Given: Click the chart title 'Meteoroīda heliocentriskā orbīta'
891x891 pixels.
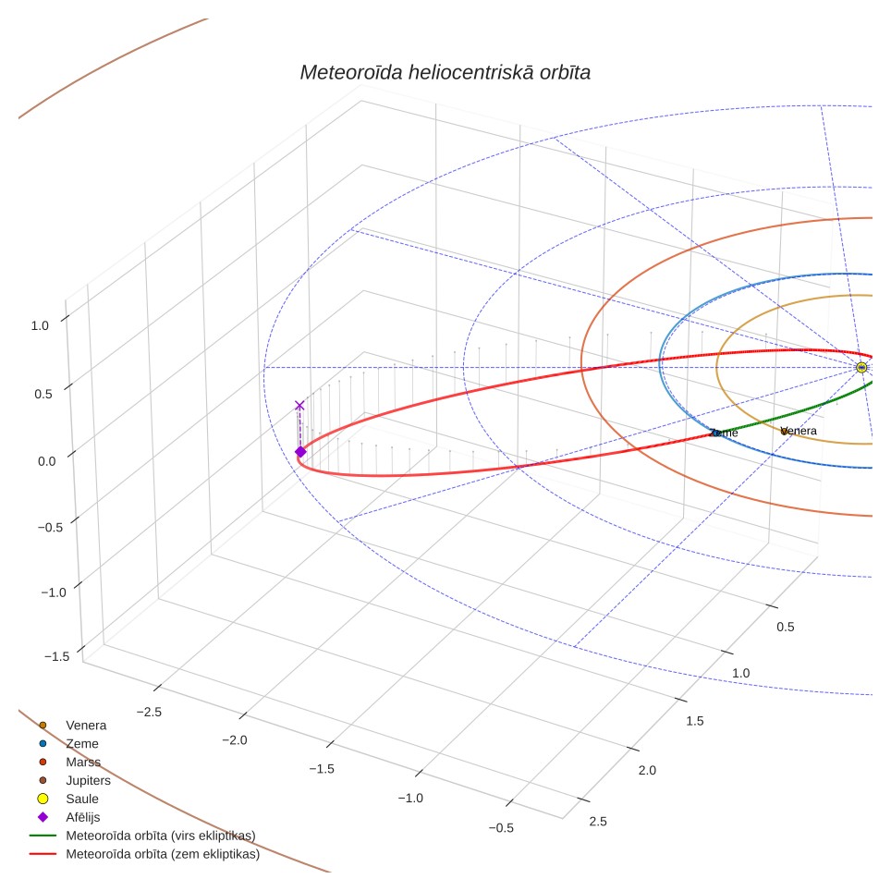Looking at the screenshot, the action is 445,73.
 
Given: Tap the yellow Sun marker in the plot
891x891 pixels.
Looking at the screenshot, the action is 861,368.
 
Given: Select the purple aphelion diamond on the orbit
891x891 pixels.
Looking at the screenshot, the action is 300,452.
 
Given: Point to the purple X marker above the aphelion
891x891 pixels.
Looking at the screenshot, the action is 299,405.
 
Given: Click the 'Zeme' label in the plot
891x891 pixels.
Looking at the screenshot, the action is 724,433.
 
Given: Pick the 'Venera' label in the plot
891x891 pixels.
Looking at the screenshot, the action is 799,431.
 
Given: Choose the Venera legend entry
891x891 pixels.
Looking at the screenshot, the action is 73,725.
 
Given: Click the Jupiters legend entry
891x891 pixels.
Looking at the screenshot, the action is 76,780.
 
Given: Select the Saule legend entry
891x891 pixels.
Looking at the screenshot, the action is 68,799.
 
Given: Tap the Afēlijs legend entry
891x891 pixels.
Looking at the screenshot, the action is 68,817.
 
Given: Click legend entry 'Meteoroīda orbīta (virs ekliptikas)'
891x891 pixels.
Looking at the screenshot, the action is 142,836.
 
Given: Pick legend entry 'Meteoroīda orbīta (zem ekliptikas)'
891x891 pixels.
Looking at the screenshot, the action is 145,854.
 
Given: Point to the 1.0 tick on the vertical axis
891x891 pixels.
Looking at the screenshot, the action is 40,325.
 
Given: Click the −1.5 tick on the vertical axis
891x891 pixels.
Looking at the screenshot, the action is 56,656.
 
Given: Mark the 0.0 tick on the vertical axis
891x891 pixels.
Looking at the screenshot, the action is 46,461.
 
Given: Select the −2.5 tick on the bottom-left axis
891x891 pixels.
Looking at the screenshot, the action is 149,712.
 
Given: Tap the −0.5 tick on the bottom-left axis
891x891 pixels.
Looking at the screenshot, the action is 501,828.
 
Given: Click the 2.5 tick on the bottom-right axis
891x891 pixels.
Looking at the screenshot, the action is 598,821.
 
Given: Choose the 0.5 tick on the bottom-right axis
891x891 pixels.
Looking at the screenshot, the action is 786,627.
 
